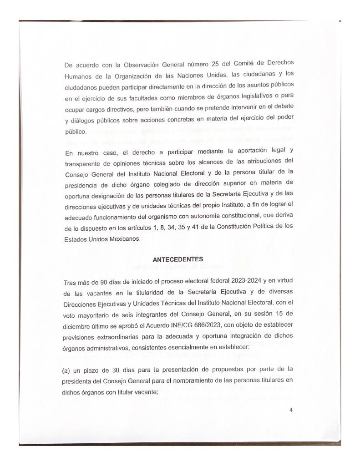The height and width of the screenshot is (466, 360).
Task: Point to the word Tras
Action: pos(71,282)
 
